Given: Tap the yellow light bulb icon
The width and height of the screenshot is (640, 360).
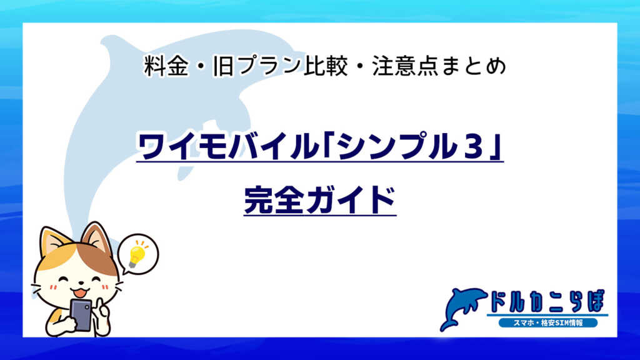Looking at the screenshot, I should (136, 253).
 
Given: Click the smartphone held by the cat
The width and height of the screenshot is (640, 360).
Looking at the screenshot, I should (81, 314).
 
